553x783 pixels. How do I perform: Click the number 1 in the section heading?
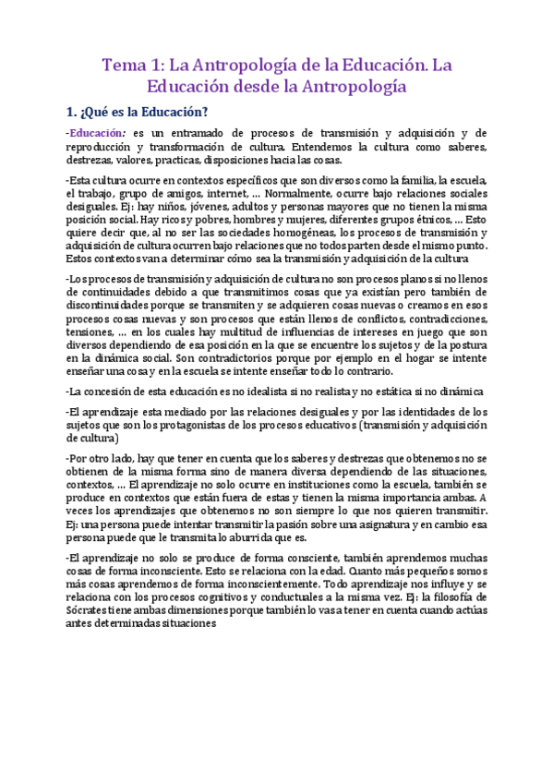tap(70, 113)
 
